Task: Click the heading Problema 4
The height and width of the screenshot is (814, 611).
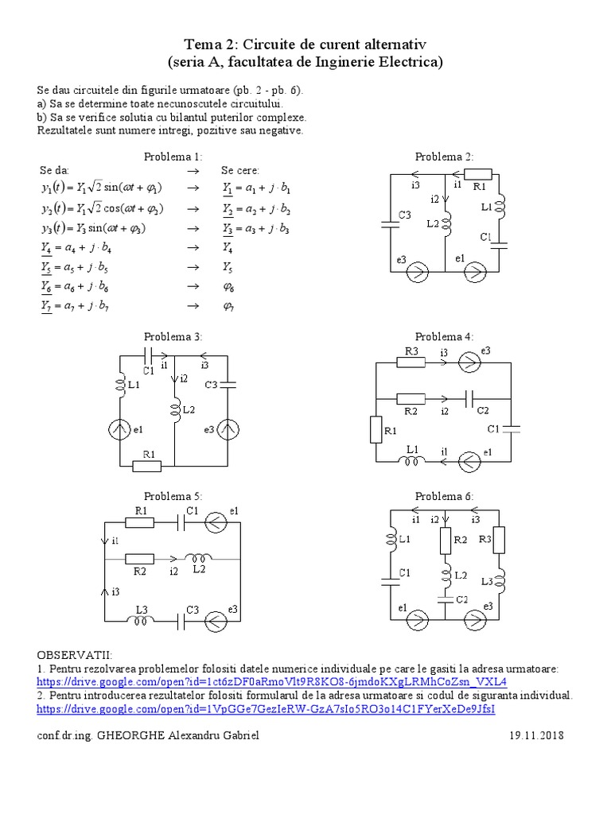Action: (x=444, y=337)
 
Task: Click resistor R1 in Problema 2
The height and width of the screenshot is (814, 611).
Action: (x=477, y=174)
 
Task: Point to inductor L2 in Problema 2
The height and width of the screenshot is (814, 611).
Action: (x=446, y=224)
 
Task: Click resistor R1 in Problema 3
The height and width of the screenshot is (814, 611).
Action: (x=147, y=466)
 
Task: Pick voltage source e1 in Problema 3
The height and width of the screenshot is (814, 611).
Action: (x=119, y=429)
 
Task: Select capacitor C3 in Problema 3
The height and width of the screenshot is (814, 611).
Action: (x=228, y=385)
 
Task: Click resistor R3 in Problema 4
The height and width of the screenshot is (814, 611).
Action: (x=411, y=362)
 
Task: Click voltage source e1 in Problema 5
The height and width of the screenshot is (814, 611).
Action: (x=216, y=522)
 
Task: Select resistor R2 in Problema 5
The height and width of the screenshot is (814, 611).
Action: (x=140, y=559)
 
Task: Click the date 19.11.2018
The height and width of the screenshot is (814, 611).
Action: (x=537, y=736)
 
